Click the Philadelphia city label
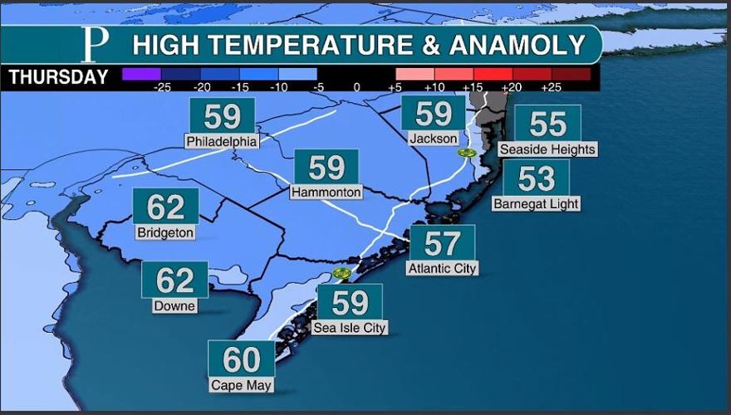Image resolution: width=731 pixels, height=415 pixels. (221, 141)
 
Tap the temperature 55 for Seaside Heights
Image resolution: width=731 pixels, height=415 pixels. (547, 124)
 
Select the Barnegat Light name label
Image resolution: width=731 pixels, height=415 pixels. (536, 203)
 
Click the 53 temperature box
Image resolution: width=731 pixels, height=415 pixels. (536, 178)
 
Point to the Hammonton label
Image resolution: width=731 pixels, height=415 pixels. (326, 193)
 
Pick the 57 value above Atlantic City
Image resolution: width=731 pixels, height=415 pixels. (442, 243)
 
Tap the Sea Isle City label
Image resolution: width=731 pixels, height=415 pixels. (350, 328)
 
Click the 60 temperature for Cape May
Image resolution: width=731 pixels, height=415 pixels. (242, 360)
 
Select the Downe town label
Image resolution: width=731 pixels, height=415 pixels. (174, 305)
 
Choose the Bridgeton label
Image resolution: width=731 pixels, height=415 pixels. (165, 232)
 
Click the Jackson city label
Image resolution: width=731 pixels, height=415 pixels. (434, 139)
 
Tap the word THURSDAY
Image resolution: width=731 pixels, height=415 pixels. (58, 78)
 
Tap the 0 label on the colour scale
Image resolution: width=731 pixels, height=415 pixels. (356, 86)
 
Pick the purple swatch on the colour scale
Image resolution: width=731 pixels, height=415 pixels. (141, 74)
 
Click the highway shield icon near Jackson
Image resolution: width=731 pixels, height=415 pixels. (467, 154)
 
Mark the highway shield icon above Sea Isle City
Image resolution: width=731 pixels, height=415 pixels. (340, 272)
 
